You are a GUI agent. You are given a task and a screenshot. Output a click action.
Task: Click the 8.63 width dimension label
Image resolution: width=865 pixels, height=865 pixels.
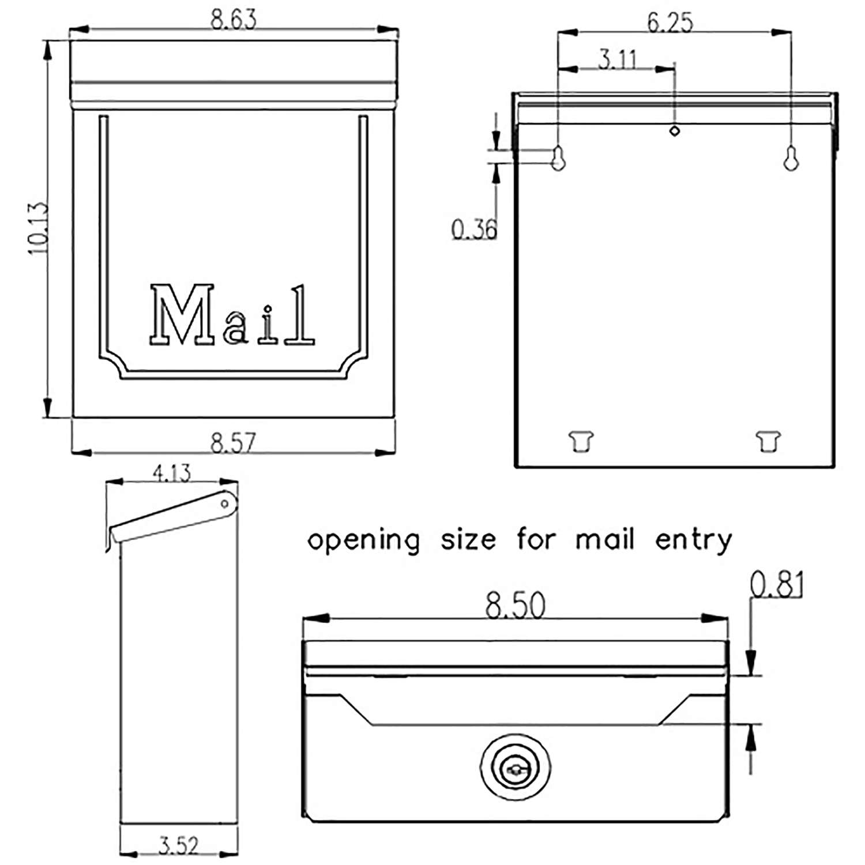pyautogui.click(x=233, y=20)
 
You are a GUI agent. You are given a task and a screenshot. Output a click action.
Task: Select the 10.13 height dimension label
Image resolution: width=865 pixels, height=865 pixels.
pyautogui.click(x=37, y=228)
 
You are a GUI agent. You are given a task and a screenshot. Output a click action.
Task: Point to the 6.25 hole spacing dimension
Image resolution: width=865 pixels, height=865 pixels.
pyautogui.click(x=670, y=22)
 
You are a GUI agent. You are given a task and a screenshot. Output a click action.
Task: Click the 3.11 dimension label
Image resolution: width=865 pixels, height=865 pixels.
pyautogui.click(x=618, y=59)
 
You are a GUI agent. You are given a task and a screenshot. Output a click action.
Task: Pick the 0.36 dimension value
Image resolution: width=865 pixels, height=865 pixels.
pyautogui.click(x=473, y=230)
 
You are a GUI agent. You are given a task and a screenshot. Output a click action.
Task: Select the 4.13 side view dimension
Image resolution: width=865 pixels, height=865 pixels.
pyautogui.click(x=171, y=473)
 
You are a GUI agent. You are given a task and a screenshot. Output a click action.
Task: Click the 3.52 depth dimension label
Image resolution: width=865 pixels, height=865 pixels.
pyautogui.click(x=178, y=846)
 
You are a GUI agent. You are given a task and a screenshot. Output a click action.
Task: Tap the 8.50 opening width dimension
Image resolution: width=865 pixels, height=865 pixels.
pyautogui.click(x=515, y=605)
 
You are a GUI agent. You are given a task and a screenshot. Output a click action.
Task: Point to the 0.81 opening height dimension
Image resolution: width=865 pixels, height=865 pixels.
pyautogui.click(x=776, y=584)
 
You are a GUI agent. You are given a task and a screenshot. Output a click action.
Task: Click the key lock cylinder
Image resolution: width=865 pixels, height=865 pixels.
pyautogui.click(x=515, y=768)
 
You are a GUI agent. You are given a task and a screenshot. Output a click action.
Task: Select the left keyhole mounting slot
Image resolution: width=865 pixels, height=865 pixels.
pyautogui.click(x=558, y=158)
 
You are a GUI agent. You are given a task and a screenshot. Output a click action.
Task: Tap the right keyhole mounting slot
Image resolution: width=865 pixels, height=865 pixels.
pyautogui.click(x=791, y=158)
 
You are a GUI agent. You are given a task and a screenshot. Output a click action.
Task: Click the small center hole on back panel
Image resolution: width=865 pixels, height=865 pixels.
pyautogui.click(x=674, y=131)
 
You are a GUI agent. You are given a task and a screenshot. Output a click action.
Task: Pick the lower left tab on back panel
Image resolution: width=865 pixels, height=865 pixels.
pyautogui.click(x=581, y=441)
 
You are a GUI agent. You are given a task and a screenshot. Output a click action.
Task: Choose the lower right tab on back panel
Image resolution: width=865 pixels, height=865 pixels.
pyautogui.click(x=768, y=441)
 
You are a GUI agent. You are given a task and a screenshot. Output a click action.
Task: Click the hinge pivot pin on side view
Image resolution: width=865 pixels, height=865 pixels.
pyautogui.click(x=225, y=505)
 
